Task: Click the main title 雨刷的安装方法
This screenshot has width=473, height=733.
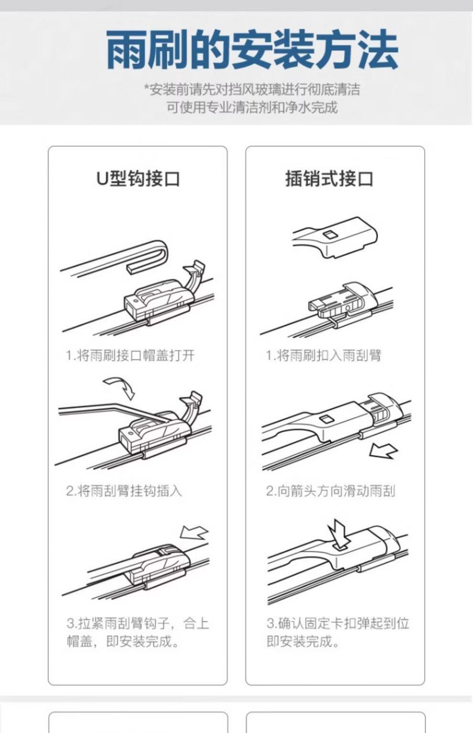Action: pyautogui.click(x=252, y=50)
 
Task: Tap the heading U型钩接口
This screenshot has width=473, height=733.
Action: pyautogui.click(x=138, y=179)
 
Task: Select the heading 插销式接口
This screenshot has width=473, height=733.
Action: pyautogui.click(x=329, y=179)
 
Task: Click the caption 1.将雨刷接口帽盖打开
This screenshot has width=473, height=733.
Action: pyautogui.click(x=130, y=355)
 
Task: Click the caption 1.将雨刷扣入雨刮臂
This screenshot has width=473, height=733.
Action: pyautogui.click(x=323, y=355)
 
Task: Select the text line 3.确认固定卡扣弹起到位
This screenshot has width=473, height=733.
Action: pyautogui.click(x=338, y=624)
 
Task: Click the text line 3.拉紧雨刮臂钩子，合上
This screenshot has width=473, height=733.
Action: pyautogui.click(x=138, y=624)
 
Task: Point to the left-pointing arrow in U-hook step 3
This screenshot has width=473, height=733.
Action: pyautogui.click(x=194, y=532)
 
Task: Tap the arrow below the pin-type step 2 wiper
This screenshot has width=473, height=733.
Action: pyautogui.click(x=383, y=451)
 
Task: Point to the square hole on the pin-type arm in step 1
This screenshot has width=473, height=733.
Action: pyautogui.click(x=328, y=234)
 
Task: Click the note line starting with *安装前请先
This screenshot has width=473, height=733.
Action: pyautogui.click(x=252, y=89)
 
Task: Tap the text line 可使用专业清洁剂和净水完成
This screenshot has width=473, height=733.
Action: pyautogui.click(x=252, y=107)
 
